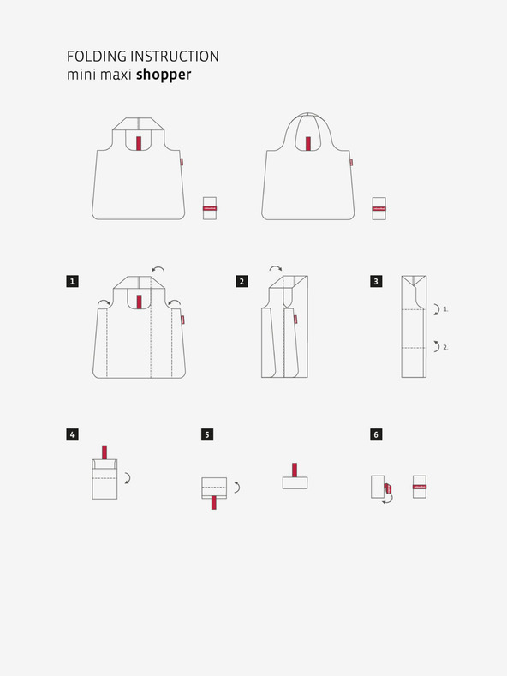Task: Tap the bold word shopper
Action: (x=164, y=75)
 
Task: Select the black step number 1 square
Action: (x=74, y=280)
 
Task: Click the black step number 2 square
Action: (x=242, y=280)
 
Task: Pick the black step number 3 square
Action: (x=376, y=280)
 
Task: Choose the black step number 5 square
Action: (x=207, y=434)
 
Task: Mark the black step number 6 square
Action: (x=376, y=434)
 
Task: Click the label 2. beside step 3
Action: (x=445, y=347)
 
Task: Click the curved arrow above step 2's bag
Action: (x=276, y=268)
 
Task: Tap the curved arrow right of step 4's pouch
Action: (x=127, y=477)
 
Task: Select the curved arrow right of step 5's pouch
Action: (x=236, y=487)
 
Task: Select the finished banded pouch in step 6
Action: (x=420, y=487)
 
